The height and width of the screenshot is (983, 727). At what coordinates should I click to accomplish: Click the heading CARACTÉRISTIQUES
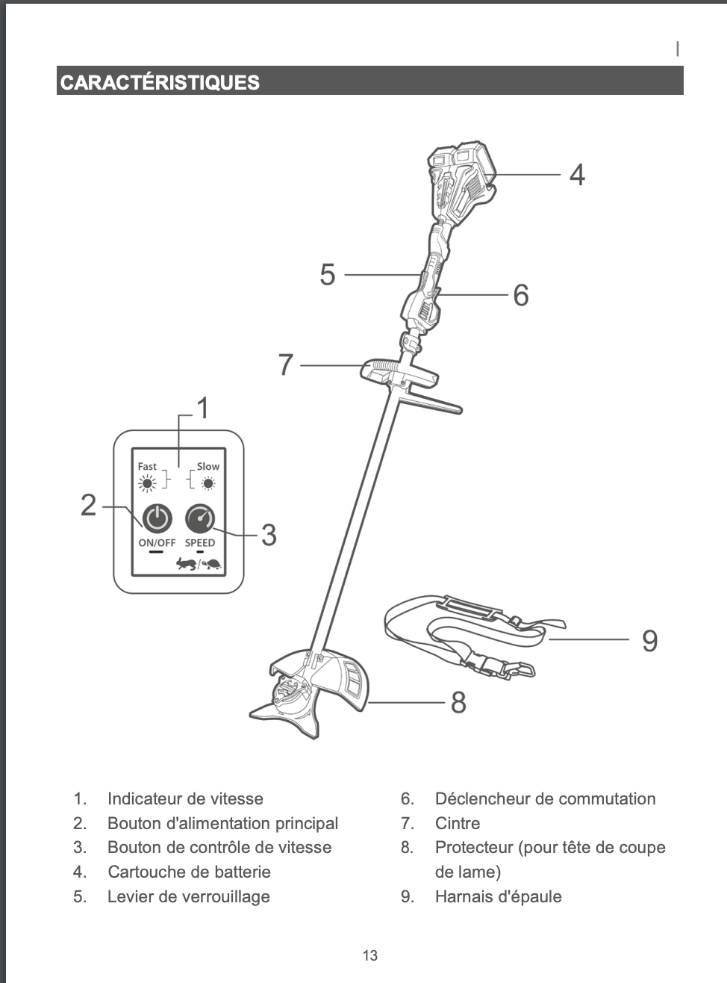(x=160, y=82)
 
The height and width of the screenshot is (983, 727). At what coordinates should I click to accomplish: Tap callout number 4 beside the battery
(x=577, y=175)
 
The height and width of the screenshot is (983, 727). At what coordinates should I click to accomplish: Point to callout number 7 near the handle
(x=286, y=365)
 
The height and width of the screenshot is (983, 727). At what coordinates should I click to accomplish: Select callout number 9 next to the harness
(x=649, y=641)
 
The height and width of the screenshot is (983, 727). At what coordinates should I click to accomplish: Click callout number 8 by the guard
(x=458, y=703)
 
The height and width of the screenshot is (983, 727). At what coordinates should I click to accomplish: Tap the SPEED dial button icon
(x=199, y=518)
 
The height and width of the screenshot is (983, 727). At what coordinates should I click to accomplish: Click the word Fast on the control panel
(x=147, y=466)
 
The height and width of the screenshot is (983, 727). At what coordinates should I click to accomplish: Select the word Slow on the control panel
(x=208, y=466)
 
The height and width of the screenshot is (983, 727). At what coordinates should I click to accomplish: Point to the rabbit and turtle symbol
(x=199, y=564)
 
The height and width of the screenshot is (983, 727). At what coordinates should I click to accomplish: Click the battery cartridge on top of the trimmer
(x=463, y=176)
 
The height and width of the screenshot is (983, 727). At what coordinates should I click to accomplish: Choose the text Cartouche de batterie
(x=189, y=872)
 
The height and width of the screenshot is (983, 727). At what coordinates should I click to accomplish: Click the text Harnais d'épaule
(x=498, y=896)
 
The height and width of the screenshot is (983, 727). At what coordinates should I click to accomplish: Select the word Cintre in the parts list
(x=457, y=823)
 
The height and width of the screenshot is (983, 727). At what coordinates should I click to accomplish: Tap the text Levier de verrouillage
(x=188, y=896)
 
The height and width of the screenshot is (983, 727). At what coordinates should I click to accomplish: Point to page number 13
(x=369, y=955)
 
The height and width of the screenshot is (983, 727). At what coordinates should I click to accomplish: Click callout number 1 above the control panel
(x=202, y=409)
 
